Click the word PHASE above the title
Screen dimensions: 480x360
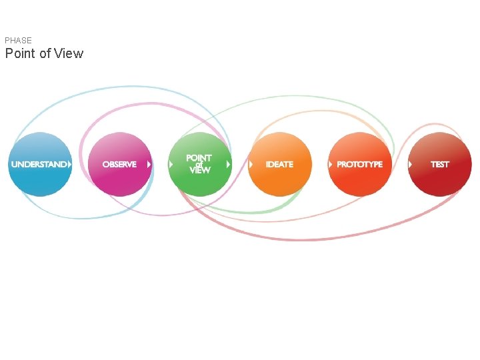tap(18, 41)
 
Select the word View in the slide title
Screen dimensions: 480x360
tap(69, 54)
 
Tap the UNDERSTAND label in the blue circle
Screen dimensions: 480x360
tap(39, 165)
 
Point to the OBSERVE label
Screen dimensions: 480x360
tap(119, 165)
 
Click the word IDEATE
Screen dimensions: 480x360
tap(279, 165)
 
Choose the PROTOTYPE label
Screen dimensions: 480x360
tap(360, 165)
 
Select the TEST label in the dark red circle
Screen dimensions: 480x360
tap(440, 165)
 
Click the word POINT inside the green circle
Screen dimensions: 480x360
tap(199, 158)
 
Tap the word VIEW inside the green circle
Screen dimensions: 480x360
tap(199, 171)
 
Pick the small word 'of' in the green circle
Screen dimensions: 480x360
tap(199, 164)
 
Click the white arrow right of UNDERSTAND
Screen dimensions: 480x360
tap(70, 164)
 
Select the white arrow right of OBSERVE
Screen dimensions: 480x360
tap(149, 164)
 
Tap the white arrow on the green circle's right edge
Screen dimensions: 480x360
tap(229, 164)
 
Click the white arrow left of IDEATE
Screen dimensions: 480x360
tap(251, 164)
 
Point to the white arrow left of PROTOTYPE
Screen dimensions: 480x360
tap(331, 164)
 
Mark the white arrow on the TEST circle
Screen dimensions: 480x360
tap(411, 164)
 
